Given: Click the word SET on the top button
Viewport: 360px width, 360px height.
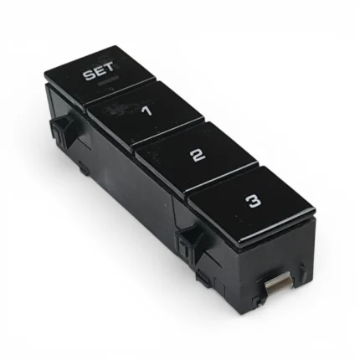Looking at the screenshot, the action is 99,72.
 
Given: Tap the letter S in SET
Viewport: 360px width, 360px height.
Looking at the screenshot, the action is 89,75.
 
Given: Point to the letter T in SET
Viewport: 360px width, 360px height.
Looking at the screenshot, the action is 109,68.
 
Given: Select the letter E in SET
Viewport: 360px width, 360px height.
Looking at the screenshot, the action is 99,72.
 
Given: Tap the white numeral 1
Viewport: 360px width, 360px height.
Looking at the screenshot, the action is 147,111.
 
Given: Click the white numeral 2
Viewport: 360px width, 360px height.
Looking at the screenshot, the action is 199,155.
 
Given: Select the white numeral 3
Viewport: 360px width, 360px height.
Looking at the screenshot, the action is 253,201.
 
